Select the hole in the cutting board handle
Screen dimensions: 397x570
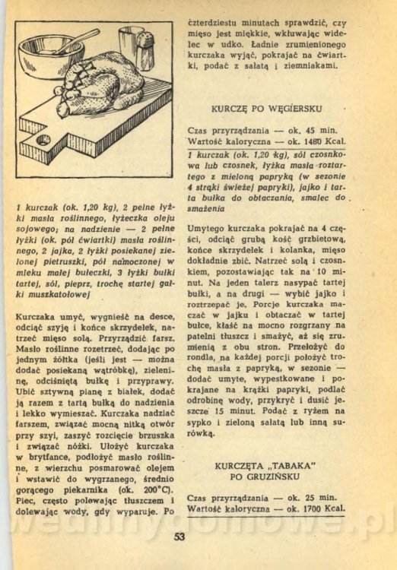coord(43,140)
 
